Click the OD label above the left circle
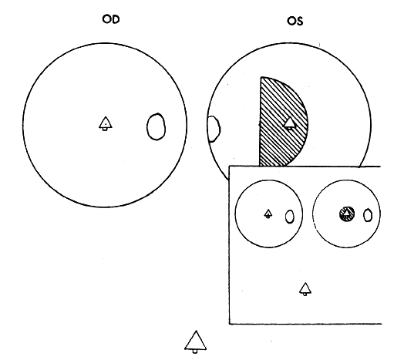(111, 19)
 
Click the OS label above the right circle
(295, 21)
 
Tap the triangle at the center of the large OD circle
(106, 123)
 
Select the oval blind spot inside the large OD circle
(156, 126)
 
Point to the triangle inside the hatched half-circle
(290, 123)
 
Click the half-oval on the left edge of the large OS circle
(214, 129)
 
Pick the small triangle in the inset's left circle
(268, 214)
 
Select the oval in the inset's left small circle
(290, 217)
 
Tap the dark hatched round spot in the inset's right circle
(347, 214)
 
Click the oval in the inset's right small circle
(368, 215)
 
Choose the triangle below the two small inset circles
(305, 289)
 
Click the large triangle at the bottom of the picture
(195, 341)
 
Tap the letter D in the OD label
(116, 19)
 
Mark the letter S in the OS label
(300, 21)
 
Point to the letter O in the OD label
(106, 19)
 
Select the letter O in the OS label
(291, 21)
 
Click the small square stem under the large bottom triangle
(195, 352)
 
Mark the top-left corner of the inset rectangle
(229, 167)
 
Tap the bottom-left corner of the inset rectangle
(230, 324)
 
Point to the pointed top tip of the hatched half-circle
(261, 77)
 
